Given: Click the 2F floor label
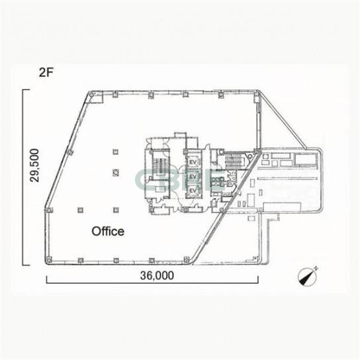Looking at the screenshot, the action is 46,73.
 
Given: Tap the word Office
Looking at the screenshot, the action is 108,231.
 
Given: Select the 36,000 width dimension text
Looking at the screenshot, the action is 157,275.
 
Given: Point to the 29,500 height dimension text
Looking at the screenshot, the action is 34,165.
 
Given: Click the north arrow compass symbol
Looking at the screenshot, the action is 308,277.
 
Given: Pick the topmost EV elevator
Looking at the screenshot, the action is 193,162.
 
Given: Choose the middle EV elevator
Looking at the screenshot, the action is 193,177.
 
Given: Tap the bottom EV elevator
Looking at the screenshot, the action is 193,191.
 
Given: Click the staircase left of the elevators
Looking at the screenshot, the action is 161,165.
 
